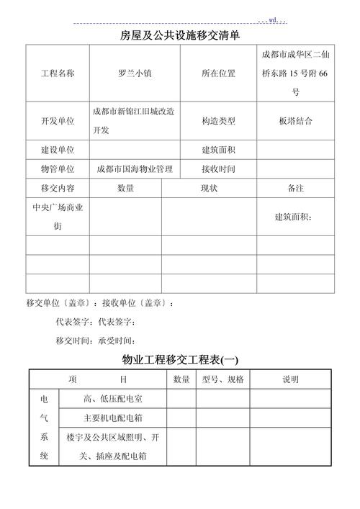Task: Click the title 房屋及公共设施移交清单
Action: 180,35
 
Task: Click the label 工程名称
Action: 58,74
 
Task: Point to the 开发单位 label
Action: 58,122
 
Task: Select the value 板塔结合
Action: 295,122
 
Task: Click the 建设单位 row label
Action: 58,150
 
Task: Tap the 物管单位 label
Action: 58,169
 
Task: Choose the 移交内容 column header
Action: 58,188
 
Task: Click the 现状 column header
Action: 209,188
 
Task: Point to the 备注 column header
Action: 295,188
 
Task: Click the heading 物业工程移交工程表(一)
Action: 180,359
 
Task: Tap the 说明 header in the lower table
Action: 290,379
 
